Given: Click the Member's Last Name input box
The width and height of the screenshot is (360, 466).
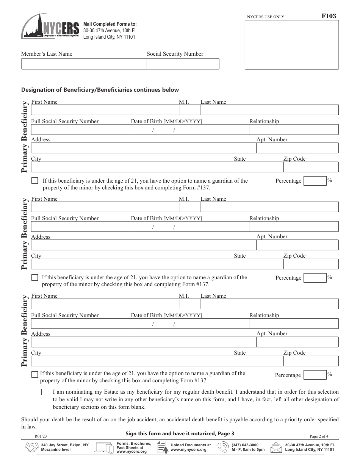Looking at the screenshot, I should click(84, 64).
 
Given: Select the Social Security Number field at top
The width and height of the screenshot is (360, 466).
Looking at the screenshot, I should click(183, 64).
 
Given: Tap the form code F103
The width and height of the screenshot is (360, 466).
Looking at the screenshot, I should click(328, 16).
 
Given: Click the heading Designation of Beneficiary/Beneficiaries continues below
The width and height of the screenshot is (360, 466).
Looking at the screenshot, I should click(100, 90).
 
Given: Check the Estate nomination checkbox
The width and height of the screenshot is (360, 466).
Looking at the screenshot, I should click(45, 392).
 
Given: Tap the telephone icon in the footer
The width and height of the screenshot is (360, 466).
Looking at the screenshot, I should click(223, 447).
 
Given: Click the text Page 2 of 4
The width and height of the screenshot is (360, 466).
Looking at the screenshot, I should click(322, 436).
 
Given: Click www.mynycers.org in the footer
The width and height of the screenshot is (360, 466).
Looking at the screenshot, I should click(188, 450).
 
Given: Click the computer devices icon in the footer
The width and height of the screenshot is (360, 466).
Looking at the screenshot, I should click(105, 447).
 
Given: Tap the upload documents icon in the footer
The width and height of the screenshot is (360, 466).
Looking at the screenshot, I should click(162, 447).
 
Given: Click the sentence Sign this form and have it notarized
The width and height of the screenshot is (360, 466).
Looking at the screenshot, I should click(180, 433).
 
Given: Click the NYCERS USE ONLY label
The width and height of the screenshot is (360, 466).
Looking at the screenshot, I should click(265, 17).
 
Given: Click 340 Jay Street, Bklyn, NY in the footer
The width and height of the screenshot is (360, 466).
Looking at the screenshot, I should click(65, 445).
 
